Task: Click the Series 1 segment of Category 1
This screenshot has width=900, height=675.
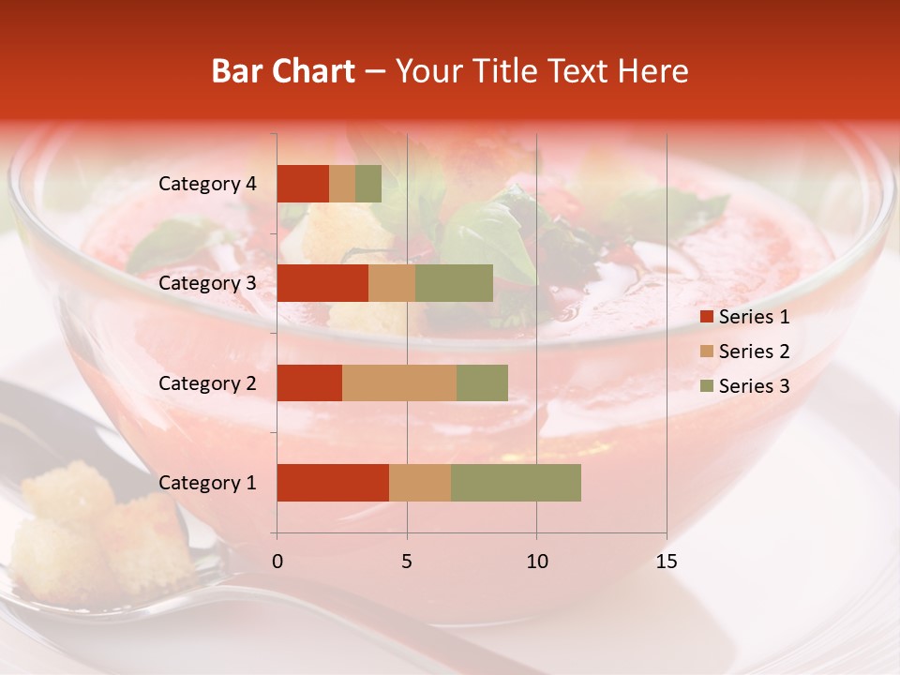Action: point(333,483)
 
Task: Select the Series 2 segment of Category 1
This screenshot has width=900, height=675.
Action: point(420,483)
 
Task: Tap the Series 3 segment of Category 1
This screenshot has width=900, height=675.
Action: point(516,483)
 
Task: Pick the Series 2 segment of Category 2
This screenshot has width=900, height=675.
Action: point(399,382)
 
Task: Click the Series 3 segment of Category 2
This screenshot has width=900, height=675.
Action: point(482,382)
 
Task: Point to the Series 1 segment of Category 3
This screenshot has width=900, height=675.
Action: point(322,283)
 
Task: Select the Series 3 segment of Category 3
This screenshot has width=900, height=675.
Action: point(454,283)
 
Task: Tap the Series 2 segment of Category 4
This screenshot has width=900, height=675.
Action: point(342,184)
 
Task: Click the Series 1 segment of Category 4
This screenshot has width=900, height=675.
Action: point(303,184)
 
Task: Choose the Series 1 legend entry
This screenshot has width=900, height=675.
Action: point(744,317)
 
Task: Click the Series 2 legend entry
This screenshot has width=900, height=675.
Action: point(744,352)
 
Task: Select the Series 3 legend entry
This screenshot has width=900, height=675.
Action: point(744,386)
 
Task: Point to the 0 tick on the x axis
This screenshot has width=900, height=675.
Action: point(277,562)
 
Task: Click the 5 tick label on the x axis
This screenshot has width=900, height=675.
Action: point(407,562)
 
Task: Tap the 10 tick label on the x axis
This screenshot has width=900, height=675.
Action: point(536,562)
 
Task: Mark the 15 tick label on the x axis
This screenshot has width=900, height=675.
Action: point(666,562)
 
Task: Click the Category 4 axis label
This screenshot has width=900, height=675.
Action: point(207,184)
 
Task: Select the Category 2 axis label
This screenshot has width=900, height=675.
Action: point(207,382)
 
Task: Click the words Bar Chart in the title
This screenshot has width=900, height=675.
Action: point(283,71)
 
